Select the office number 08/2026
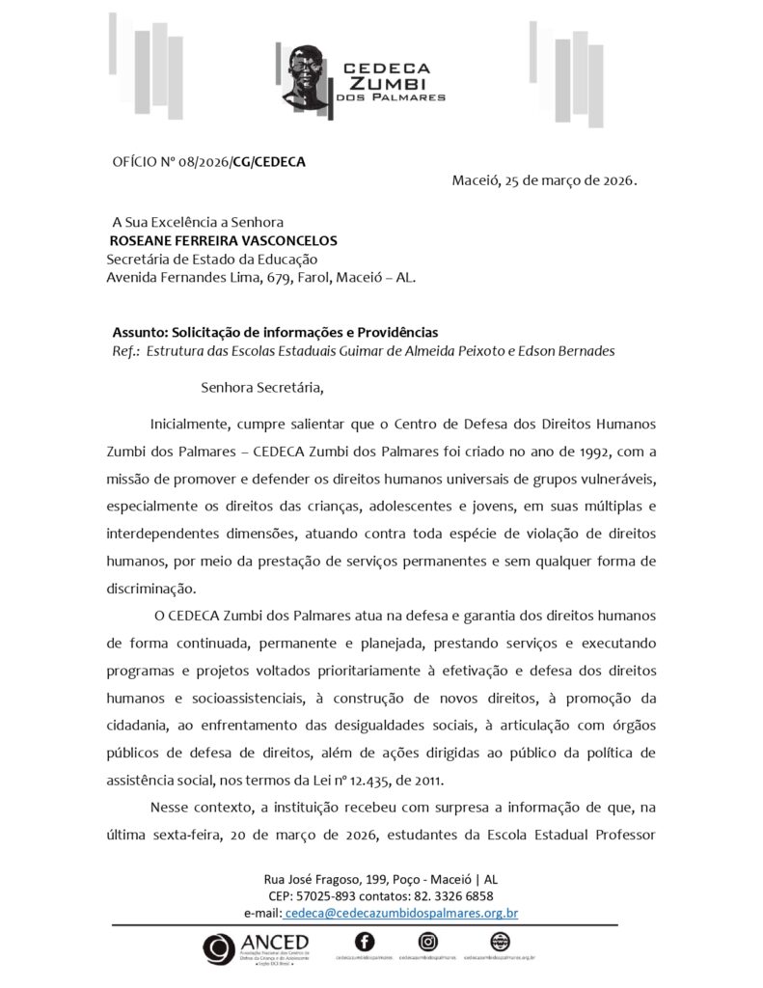pyautogui.click(x=200, y=162)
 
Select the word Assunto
pyautogui.click(x=139, y=333)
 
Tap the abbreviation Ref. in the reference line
pyautogui.click(x=126, y=351)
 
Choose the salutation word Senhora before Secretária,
pyautogui.click(x=231, y=389)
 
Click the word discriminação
pyautogui.click(x=150, y=588)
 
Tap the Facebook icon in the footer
pyautogui.click(x=365, y=942)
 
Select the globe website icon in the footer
pyautogui.click(x=500, y=942)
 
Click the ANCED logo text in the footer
pyautogui.click(x=276, y=943)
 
